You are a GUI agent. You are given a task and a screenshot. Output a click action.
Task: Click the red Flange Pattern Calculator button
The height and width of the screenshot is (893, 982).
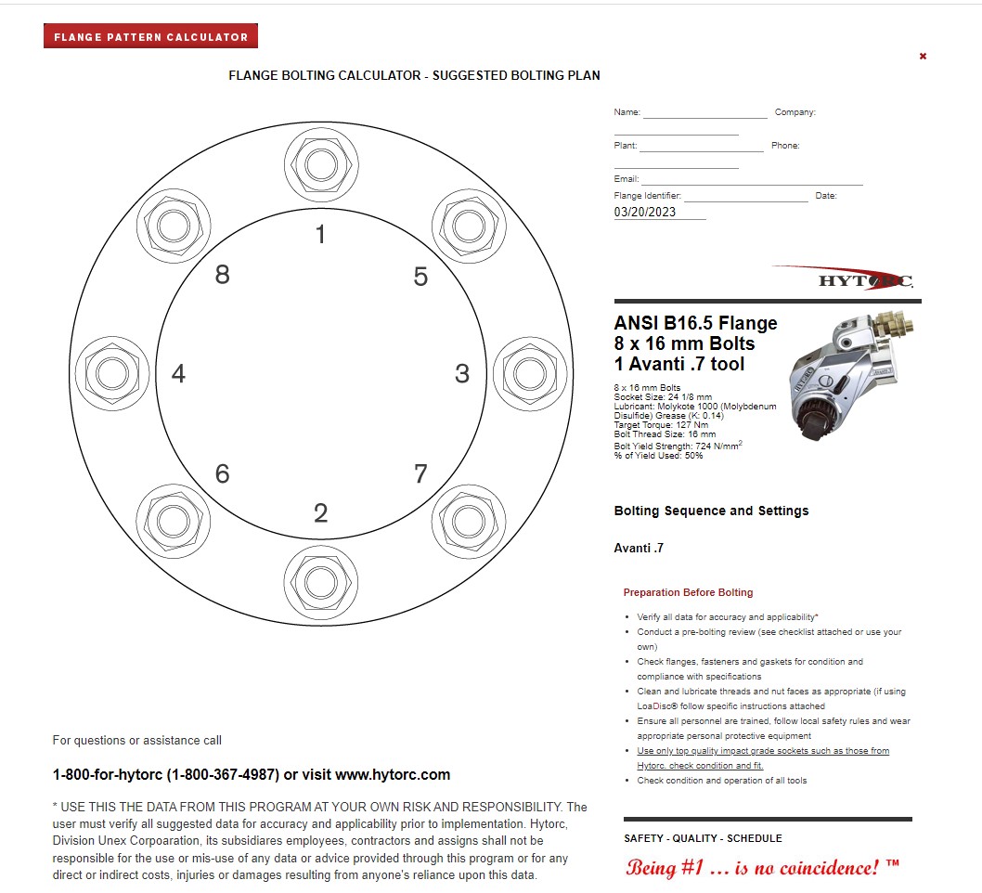point(150,36)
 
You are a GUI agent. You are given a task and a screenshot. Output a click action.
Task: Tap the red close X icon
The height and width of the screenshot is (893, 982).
point(923,57)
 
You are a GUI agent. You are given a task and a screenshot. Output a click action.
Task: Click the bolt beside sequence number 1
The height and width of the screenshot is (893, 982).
point(321,164)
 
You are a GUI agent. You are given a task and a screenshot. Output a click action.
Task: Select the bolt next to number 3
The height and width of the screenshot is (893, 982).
point(531,374)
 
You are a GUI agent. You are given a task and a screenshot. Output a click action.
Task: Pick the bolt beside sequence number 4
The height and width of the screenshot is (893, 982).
point(112,374)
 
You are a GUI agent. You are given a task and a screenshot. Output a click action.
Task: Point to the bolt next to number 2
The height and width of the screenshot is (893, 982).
point(321,582)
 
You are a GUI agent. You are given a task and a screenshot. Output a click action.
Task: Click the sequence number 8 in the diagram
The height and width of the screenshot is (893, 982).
point(223,275)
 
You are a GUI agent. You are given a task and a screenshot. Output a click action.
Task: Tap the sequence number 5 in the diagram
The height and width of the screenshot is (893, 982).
point(420,277)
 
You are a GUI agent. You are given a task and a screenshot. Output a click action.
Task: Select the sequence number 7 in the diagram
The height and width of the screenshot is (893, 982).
point(420,473)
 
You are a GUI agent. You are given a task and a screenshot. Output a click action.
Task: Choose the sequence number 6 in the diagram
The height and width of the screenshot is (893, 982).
point(223,474)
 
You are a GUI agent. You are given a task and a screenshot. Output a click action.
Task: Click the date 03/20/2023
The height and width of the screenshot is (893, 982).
point(644,212)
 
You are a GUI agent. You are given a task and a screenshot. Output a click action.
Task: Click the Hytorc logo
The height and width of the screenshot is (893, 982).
point(846,278)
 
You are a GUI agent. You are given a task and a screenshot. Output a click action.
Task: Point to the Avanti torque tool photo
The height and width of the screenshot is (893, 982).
point(850,376)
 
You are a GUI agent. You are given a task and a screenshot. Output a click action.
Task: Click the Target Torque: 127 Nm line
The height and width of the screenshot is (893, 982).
point(661,424)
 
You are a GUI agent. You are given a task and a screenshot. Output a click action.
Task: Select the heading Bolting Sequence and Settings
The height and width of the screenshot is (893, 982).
point(712,511)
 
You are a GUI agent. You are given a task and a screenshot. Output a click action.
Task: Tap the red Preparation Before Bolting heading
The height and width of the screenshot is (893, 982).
point(688,592)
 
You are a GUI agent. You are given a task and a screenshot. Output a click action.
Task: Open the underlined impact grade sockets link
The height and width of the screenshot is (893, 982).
point(763,757)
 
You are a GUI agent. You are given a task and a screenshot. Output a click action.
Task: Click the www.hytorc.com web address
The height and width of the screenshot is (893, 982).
point(393,774)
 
